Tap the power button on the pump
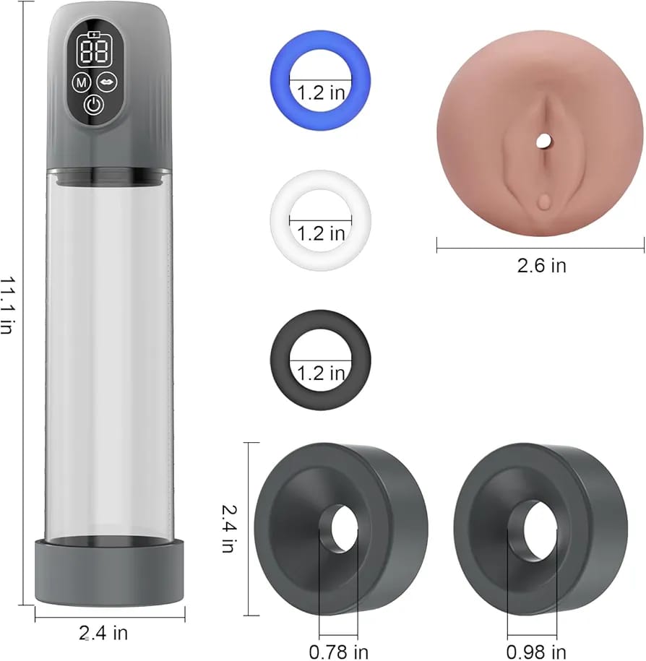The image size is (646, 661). coord(94,105)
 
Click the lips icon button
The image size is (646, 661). coord(107,82)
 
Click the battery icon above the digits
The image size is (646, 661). coord(94,35)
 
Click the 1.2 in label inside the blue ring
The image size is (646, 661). coord(321,92)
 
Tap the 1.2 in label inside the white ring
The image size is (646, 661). coord(321,233)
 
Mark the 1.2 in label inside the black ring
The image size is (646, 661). coord(321,373)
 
